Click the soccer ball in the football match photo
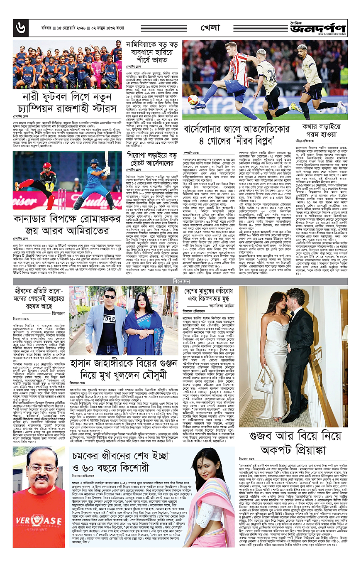tap(193, 100)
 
